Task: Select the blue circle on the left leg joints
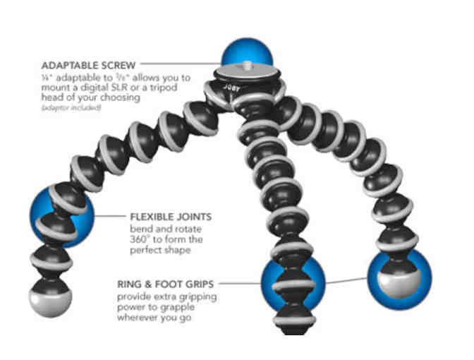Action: pos(62,216)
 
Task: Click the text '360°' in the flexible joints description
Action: pos(139,240)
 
